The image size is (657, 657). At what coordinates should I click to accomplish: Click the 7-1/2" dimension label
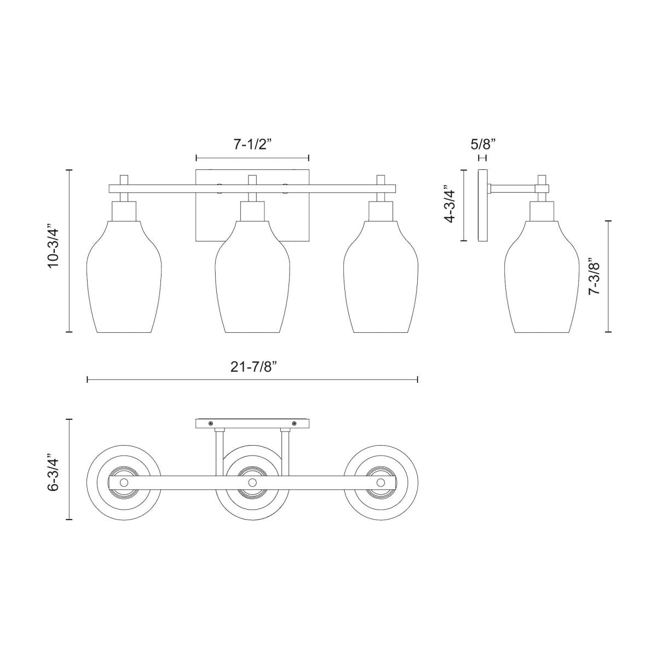coord(252,145)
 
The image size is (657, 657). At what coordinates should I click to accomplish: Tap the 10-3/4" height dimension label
coord(53,246)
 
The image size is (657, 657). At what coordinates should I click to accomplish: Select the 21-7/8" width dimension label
coord(252,367)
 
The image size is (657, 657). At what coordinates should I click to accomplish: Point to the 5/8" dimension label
coord(483,145)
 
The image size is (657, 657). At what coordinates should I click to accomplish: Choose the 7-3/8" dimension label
coord(595,276)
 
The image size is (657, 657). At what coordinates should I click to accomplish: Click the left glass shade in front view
coord(124,279)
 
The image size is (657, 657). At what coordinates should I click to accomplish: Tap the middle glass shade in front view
coord(252,279)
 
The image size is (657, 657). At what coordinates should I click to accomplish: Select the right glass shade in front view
coord(381,279)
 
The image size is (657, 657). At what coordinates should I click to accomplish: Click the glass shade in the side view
coord(542,279)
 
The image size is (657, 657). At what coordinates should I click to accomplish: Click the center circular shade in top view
coord(252,504)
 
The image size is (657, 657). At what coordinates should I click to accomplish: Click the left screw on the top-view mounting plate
coord(211,423)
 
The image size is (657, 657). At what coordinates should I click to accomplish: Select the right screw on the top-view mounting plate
coord(294,423)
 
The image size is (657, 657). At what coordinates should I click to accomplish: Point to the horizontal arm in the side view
coord(512,189)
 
